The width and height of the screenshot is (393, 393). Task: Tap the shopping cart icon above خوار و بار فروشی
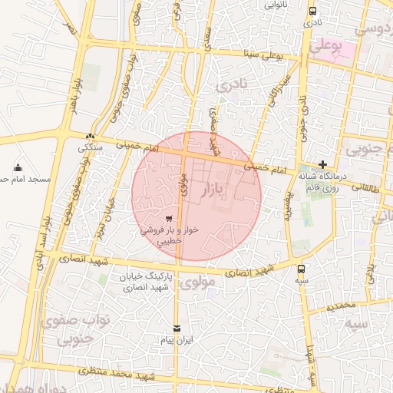(x=169, y=218)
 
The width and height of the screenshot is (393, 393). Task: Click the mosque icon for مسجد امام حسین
(x=18, y=167)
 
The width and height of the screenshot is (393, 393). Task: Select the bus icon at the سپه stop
(x=300, y=269)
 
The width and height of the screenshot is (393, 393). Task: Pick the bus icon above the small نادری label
(x=312, y=11)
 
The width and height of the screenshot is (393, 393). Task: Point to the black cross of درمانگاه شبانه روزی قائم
(x=323, y=164)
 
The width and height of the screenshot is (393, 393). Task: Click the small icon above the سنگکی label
(x=91, y=136)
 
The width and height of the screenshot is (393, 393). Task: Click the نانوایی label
(x=276, y=5)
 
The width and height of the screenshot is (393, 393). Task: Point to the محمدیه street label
(x=342, y=305)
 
